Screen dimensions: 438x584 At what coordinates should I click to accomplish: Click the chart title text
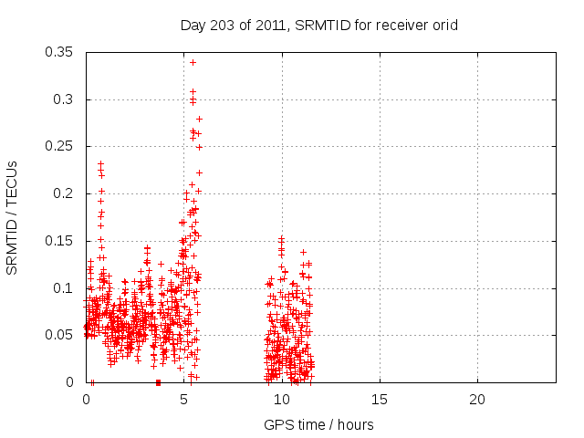(x=318, y=25)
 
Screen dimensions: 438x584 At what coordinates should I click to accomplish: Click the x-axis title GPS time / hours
(x=318, y=424)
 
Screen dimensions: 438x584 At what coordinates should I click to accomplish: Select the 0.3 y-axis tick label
(x=66, y=99)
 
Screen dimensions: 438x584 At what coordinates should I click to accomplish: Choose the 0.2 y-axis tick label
(x=66, y=193)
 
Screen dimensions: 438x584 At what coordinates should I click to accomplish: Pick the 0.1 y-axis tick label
(x=66, y=287)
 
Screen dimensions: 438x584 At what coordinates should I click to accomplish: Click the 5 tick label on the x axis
(x=184, y=400)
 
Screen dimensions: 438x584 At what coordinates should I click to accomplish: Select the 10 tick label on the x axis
(x=282, y=400)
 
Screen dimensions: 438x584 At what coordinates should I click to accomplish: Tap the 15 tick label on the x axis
(x=380, y=400)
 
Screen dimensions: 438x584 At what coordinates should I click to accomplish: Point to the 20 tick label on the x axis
(x=477, y=400)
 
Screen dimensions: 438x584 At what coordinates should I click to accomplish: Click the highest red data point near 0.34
(x=193, y=62)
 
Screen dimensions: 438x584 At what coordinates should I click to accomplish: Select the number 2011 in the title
(x=265, y=25)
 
